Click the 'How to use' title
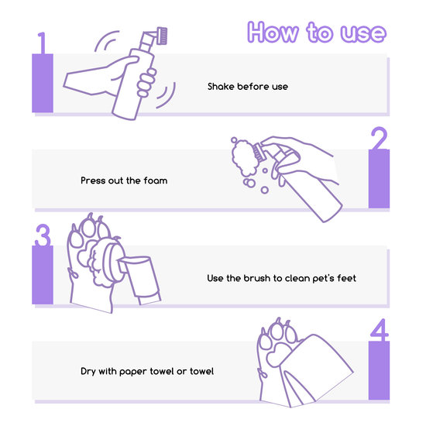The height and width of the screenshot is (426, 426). click(317, 32)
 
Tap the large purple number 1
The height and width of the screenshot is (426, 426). click(42, 43)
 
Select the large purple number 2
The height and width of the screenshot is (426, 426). click(379, 139)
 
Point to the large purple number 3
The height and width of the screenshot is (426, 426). click(43, 235)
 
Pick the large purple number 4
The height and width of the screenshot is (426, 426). click(380, 330)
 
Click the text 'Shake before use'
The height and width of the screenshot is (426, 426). click(248, 87)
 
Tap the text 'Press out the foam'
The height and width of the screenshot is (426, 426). click(124, 180)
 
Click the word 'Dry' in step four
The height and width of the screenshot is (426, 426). click(88, 372)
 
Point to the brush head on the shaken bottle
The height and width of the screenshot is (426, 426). click(162, 36)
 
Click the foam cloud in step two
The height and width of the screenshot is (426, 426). click(244, 157)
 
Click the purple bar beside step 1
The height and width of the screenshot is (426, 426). click(43, 83)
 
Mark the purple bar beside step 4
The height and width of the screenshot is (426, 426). click(379, 370)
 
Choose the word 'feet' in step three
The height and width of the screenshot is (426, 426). click(346, 278)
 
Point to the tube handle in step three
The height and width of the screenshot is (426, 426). click(141, 280)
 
